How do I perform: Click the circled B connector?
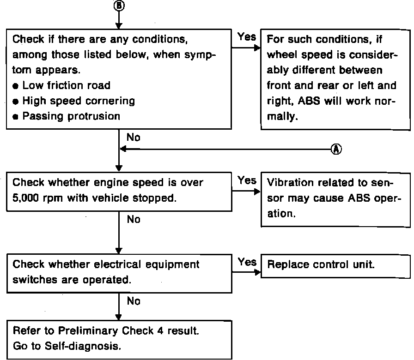click(119, 5)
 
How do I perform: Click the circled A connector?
click(336, 149)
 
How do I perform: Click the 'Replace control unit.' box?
click(336, 265)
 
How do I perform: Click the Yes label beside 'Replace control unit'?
click(247, 262)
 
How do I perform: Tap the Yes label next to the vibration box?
click(247, 181)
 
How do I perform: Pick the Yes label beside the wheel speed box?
click(247, 36)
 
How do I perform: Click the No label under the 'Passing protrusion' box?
click(133, 138)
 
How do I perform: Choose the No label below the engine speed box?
click(133, 220)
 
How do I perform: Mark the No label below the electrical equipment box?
click(133, 301)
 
